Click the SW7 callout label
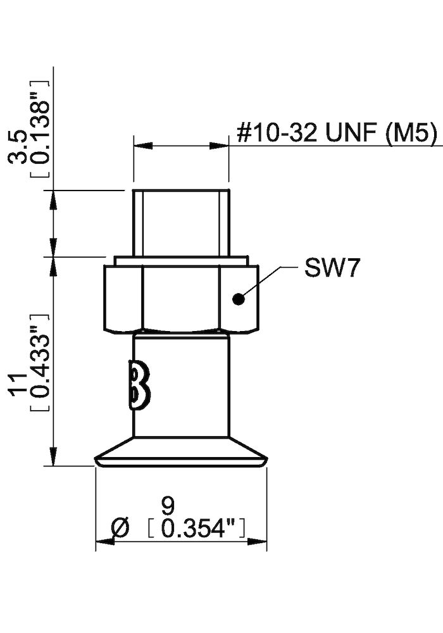(332, 268)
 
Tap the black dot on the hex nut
(238, 299)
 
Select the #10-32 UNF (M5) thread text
(337, 134)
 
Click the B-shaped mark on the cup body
(140, 384)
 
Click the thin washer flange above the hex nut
(180, 260)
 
